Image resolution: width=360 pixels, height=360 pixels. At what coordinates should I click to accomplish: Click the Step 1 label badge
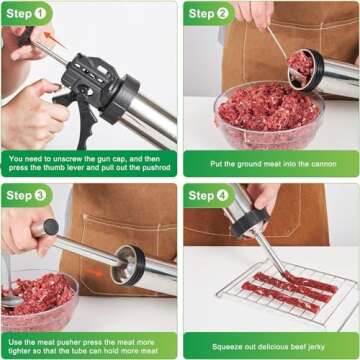tap(27, 14)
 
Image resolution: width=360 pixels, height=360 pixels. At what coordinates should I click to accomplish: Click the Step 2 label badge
tap(209, 14)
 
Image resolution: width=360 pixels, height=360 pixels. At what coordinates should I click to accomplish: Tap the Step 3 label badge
tap(27, 195)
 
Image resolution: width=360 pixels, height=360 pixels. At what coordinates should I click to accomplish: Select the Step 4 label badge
tap(209, 195)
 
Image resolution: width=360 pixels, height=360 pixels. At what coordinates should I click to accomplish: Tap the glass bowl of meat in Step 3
tap(38, 295)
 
